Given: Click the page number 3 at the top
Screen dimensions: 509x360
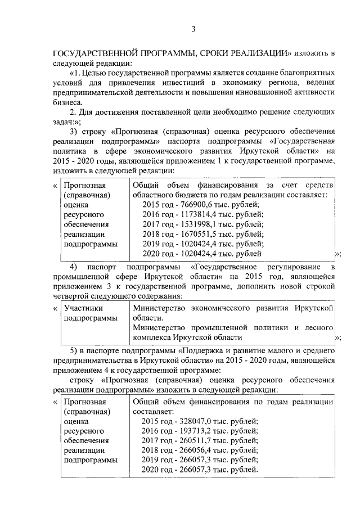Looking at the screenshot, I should (193, 29).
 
